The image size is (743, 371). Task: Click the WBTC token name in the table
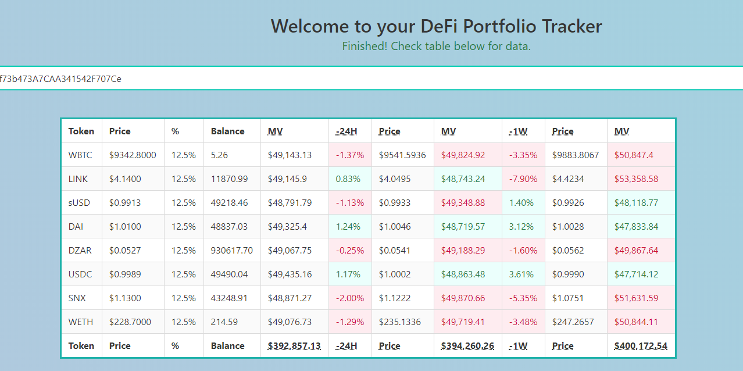point(80,155)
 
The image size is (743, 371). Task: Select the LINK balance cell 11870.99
point(229,179)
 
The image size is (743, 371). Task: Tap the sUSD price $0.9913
point(124,203)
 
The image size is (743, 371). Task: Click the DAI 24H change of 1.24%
point(348,227)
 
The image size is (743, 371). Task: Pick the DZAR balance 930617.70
point(231,251)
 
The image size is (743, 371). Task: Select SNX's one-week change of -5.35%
point(523,298)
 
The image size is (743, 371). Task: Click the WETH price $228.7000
point(130,322)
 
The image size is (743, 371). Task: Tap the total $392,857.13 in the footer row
point(294,346)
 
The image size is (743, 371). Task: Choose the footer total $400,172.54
point(641,346)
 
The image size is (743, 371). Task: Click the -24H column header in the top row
point(347,131)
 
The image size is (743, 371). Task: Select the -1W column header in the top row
point(518,131)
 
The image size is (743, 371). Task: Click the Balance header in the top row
point(227,131)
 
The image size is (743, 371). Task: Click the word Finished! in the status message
point(365,47)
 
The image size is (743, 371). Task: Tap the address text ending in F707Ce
point(60,79)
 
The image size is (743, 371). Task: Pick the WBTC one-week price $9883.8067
point(576,155)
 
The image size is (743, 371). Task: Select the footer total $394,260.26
point(467,346)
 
